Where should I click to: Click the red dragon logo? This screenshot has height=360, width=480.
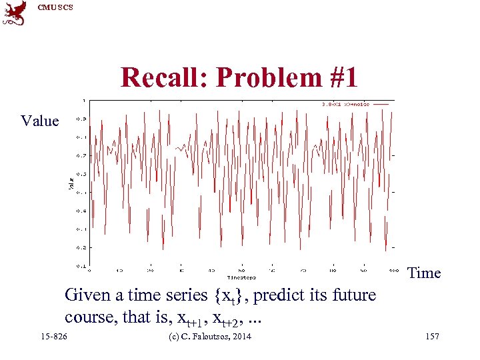(15, 13)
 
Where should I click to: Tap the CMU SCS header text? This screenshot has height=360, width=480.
(55, 7)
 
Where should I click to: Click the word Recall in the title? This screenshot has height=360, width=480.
(163, 78)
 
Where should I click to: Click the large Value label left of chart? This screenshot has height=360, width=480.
(40, 121)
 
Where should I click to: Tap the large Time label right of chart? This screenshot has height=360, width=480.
(424, 273)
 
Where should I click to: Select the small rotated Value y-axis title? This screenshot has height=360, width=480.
(71, 181)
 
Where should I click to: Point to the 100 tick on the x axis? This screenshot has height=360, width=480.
(393, 271)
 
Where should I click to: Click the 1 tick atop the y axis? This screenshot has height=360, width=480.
(83, 101)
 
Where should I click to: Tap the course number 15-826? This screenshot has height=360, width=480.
(53, 337)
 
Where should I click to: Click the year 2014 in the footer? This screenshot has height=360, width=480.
(239, 337)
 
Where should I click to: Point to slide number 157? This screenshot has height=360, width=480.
(431, 337)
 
